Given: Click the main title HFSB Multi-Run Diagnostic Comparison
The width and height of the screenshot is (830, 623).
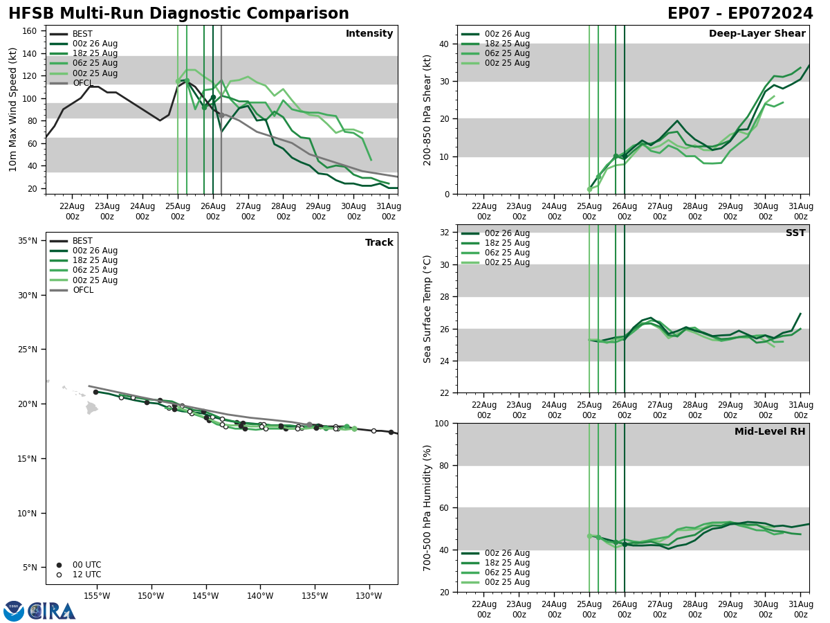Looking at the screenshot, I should tap(178, 14).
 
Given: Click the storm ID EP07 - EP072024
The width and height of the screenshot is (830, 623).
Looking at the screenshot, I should tap(740, 14).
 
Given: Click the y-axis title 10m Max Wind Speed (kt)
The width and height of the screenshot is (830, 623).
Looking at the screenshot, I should tap(13, 109).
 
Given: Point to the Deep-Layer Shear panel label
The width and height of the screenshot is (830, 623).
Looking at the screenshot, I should tap(757, 34).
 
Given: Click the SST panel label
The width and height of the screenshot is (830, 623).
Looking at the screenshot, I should tap(795, 233).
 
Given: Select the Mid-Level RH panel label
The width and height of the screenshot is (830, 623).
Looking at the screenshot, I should tap(770, 432).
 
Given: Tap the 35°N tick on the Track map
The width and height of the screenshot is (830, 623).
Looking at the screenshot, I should tap(28, 241).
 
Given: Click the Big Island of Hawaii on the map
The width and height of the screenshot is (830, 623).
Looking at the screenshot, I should tap(91, 408).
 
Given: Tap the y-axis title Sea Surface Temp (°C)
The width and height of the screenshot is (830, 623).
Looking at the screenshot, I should tap(427, 309).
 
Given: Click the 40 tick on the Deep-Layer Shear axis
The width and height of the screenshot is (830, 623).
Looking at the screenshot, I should tap(445, 44).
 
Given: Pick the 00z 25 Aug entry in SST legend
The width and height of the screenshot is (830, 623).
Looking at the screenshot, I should tap(507, 262).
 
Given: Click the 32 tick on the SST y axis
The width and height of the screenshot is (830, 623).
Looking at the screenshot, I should tap(445, 233).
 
